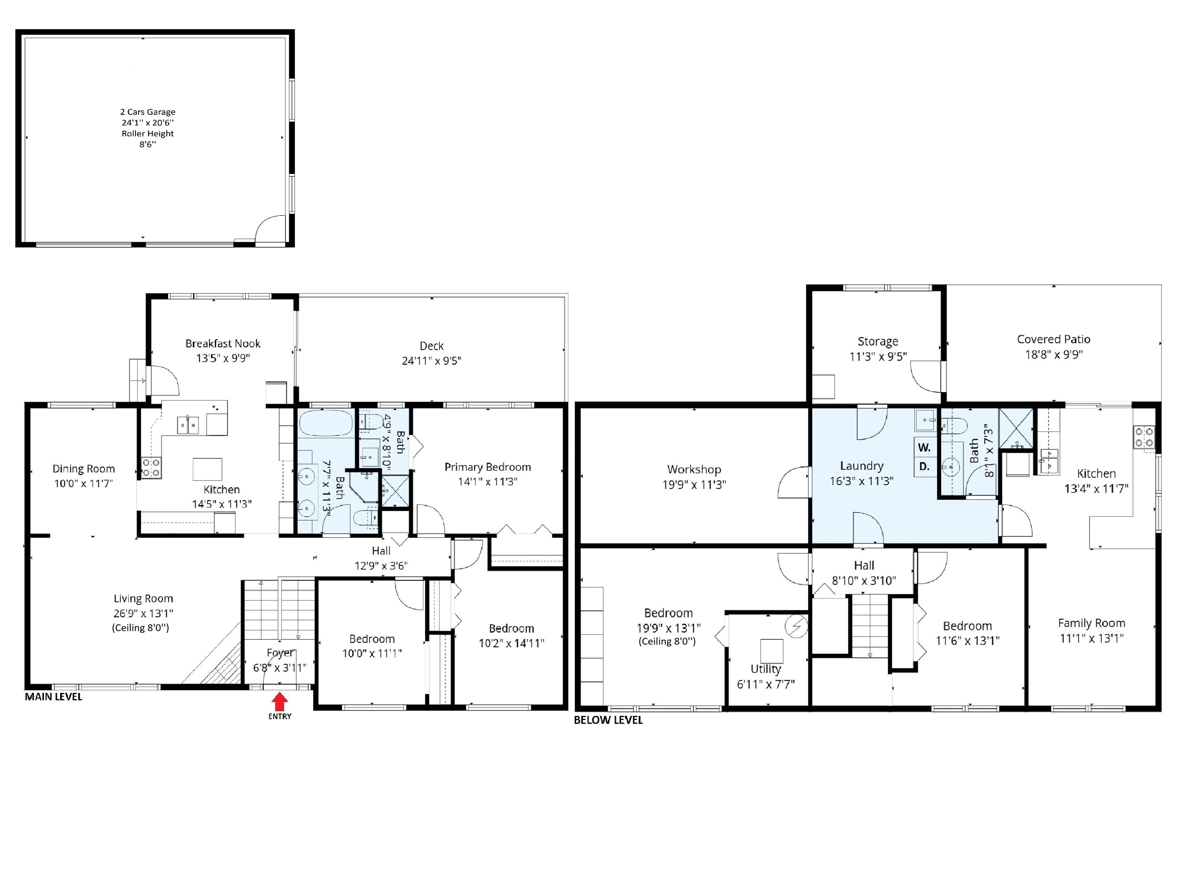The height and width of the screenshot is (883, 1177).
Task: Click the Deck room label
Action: click(x=431, y=346)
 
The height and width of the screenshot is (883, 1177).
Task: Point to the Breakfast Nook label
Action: click(x=223, y=343)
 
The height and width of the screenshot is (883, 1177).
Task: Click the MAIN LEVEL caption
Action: click(x=53, y=697)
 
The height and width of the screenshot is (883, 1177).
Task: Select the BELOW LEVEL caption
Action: click(x=608, y=720)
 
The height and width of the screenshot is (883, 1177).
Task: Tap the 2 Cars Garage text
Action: click(x=148, y=112)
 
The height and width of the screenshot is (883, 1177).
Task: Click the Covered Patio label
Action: click(x=1054, y=339)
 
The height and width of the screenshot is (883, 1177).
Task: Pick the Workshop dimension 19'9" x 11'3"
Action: click(x=694, y=484)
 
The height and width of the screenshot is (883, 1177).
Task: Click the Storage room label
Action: click(x=878, y=342)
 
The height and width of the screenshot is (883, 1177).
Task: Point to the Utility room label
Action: click(x=766, y=670)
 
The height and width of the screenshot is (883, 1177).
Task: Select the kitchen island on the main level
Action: click(x=207, y=469)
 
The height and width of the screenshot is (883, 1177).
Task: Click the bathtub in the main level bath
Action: click(x=326, y=423)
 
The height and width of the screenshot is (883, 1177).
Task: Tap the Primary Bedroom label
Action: click(x=487, y=467)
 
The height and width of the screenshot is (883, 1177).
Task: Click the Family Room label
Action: click(x=1091, y=623)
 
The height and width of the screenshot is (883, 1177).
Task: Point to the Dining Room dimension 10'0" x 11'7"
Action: click(x=84, y=483)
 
